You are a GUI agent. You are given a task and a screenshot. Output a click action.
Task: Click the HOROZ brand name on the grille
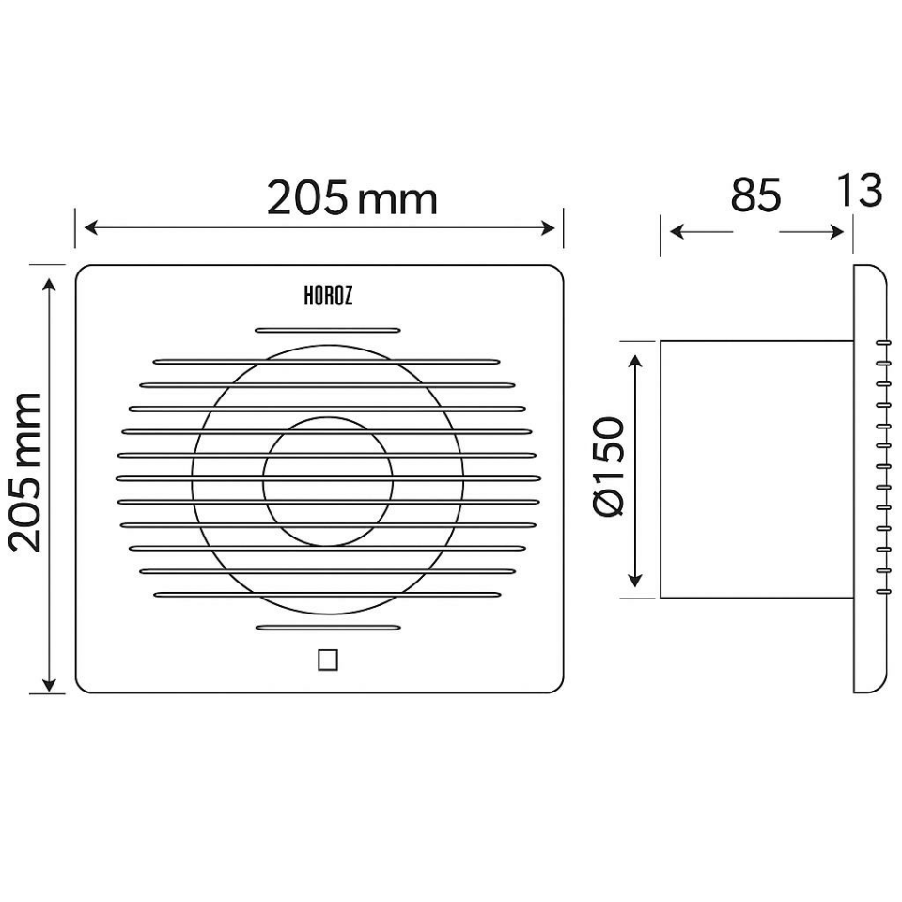tap(328, 296)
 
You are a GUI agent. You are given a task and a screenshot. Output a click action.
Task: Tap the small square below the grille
tap(328, 661)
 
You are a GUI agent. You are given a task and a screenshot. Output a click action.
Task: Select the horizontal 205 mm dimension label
tap(352, 198)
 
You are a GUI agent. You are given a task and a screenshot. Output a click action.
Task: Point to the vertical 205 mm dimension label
tap(26, 472)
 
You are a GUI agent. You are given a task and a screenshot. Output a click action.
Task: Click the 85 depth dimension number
tap(755, 195)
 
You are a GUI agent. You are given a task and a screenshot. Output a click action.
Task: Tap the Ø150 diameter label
tap(612, 467)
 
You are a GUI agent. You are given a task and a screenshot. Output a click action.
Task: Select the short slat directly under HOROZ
tap(328, 330)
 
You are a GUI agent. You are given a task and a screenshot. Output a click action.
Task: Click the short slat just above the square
tap(328, 627)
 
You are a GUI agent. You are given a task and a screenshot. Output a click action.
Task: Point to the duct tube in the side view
tap(756, 469)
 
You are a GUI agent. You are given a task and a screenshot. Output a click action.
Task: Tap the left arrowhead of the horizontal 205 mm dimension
tap(91, 227)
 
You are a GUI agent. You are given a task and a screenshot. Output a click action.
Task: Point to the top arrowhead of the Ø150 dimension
tap(639, 363)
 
